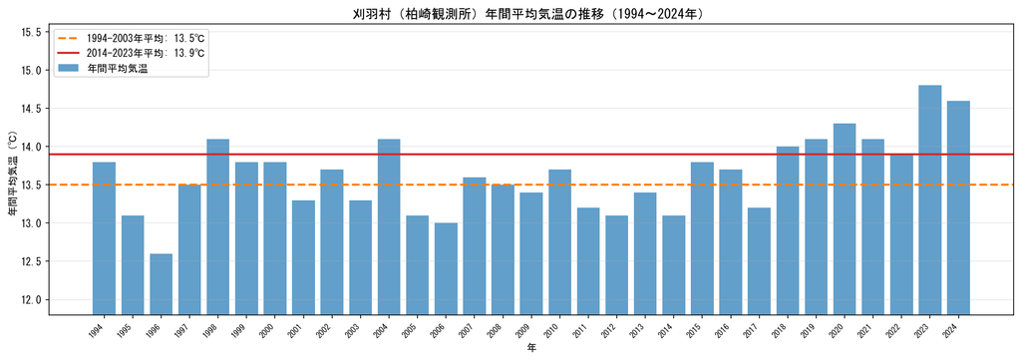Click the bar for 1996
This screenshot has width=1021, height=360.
click(161, 284)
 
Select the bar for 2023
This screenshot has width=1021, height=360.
click(930, 200)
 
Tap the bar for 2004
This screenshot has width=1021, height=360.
click(389, 227)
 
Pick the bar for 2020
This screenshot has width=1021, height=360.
click(845, 219)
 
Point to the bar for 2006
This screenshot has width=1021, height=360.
click(446, 269)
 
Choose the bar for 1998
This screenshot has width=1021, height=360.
click(218, 227)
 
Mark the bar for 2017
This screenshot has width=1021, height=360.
click(759, 261)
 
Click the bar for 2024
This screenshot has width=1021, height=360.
click(958, 208)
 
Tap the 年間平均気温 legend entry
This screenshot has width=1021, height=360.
click(103, 68)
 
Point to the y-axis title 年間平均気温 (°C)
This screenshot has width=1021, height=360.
click(11, 175)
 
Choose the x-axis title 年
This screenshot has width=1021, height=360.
click(531, 349)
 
